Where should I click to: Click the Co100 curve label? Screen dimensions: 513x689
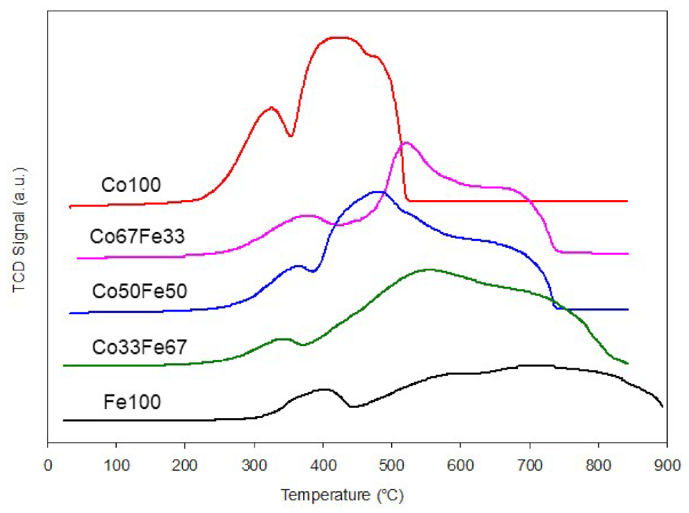131,185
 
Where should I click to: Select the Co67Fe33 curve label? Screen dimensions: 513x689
137,237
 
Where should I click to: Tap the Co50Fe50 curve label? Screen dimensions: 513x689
139,292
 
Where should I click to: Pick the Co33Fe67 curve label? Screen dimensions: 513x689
139,347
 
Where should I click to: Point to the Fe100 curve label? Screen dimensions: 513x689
132,402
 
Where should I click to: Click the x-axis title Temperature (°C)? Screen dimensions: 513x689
343,494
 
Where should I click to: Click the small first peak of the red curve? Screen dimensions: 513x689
270,108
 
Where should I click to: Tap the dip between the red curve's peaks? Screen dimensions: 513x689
290,136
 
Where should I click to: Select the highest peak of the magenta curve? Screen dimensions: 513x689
405,142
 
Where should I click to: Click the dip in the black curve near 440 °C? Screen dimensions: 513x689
351,406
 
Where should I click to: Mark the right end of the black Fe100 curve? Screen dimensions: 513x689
663,406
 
